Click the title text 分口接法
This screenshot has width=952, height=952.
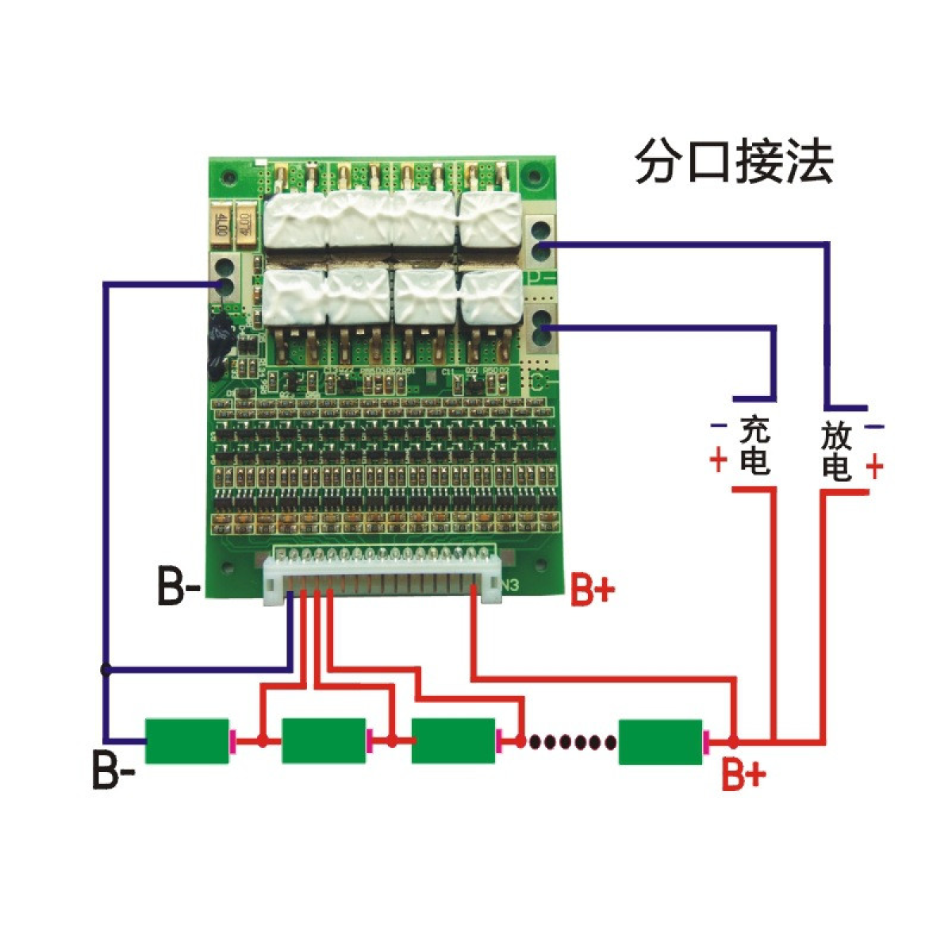(x=734, y=162)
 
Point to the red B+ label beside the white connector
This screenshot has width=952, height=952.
(x=593, y=591)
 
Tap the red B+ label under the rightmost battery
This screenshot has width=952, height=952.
(x=743, y=773)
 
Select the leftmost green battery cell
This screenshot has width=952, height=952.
(x=186, y=741)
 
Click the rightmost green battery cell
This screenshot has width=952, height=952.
(x=660, y=742)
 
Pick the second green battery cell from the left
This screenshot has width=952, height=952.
(x=324, y=741)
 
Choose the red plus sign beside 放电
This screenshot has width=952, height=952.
(x=874, y=466)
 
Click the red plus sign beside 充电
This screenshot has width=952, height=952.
(x=719, y=460)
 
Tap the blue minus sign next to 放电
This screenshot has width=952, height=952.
(x=873, y=428)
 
